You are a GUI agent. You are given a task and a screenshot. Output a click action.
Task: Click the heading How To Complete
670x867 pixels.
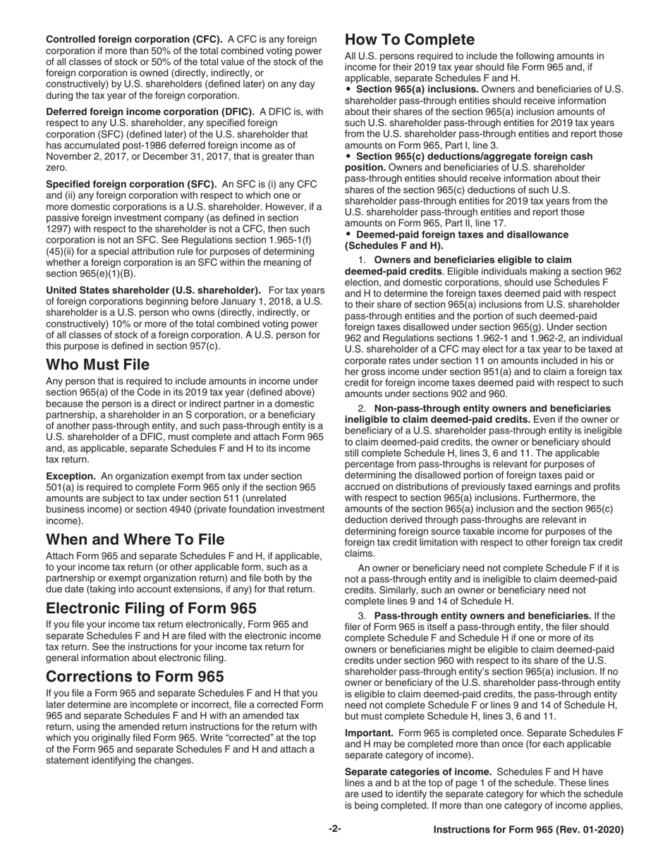point(409,39)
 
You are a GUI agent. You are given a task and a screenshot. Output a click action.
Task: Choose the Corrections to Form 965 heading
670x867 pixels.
point(135,676)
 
